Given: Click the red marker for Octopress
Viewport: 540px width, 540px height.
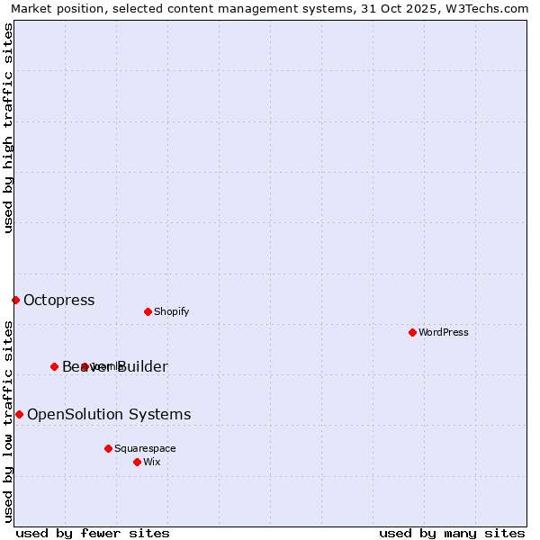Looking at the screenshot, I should [x=15, y=300].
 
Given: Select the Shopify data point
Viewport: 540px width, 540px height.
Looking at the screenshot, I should [x=148, y=311].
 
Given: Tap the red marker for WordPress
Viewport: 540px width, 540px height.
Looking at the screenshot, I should [x=412, y=332].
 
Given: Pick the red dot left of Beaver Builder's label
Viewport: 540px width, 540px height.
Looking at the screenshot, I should [x=54, y=366].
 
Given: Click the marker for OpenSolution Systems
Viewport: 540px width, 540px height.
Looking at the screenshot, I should [x=19, y=414].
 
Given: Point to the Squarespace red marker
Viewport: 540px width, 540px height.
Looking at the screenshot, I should [x=108, y=448].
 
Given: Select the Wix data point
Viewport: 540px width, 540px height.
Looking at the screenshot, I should [x=137, y=462].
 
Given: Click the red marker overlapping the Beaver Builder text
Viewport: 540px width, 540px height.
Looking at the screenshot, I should [x=85, y=366].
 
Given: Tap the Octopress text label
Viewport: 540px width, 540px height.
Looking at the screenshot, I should [x=58, y=301].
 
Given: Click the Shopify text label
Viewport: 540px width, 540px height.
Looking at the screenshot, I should [x=171, y=312].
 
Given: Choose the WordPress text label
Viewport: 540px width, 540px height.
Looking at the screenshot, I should [x=443, y=333].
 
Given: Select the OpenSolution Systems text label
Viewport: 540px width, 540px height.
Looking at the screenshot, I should [x=109, y=415].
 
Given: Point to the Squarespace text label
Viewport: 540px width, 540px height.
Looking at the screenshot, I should [x=145, y=449].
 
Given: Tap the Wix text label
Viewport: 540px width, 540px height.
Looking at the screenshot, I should [x=151, y=463].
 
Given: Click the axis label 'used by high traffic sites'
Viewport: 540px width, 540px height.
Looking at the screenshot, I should [x=9, y=128].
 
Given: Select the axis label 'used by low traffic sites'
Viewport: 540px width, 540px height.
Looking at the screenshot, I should [x=9, y=420].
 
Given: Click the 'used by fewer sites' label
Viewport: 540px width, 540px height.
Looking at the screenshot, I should [x=93, y=533].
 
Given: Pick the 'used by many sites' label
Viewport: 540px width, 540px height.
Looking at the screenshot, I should [x=452, y=533].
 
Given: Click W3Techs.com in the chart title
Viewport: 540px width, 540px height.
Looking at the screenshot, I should [x=487, y=9].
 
